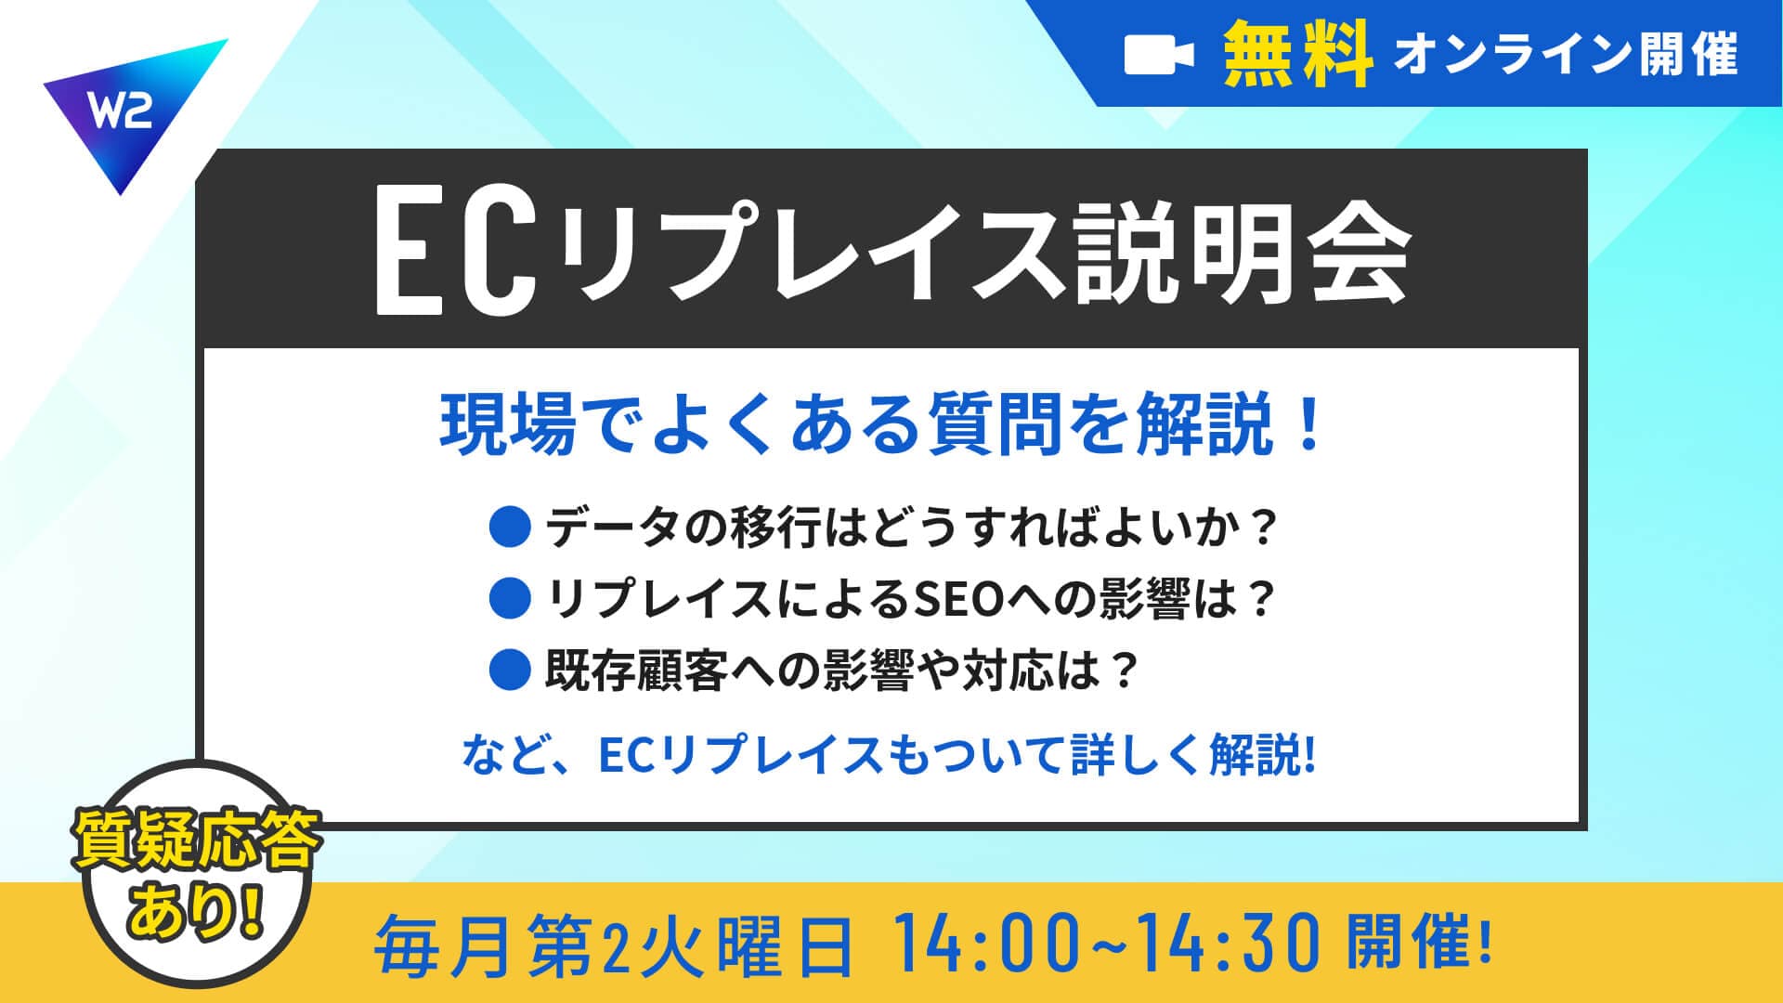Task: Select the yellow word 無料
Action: pyautogui.click(x=1297, y=54)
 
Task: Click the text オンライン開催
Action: pyautogui.click(x=1566, y=55)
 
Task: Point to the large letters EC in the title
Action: pyautogui.click(x=455, y=255)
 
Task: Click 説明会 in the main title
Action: pyautogui.click(x=1242, y=255)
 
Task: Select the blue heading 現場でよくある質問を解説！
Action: pyautogui.click(x=881, y=424)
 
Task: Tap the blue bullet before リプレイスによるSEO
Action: pyautogui.click(x=509, y=598)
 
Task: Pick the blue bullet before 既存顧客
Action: pyautogui.click(x=509, y=670)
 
